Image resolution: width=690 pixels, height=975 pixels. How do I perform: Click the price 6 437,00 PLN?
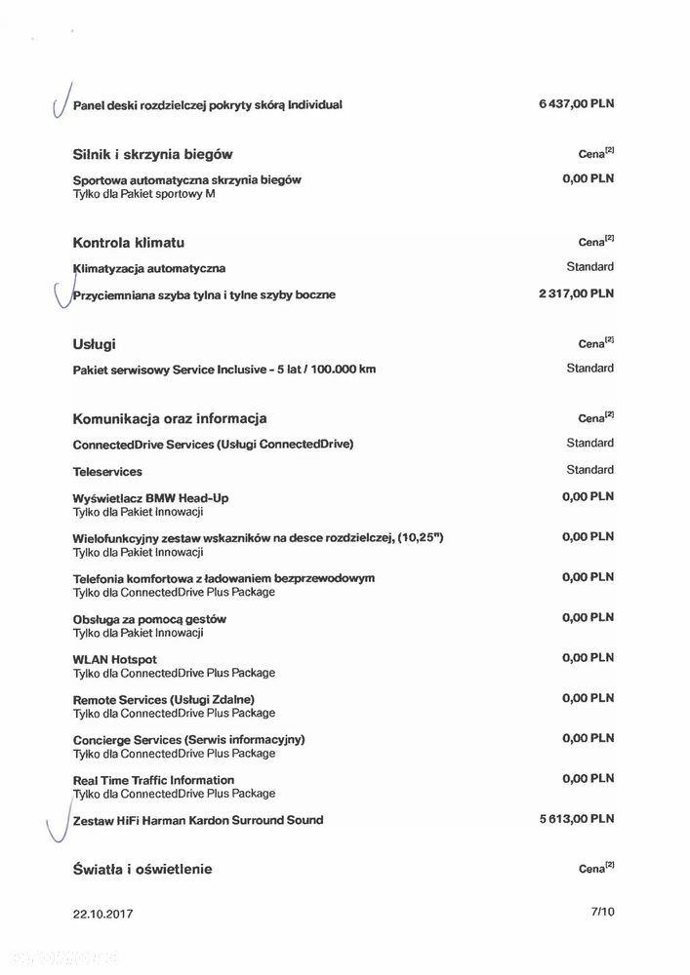point(576,103)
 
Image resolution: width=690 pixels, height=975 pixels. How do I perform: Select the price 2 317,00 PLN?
point(576,292)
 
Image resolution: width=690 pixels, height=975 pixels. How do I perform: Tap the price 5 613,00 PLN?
point(576,819)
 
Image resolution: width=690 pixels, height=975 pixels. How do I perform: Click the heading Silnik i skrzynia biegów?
point(152,154)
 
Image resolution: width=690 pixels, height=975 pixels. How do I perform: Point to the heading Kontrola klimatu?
point(129,242)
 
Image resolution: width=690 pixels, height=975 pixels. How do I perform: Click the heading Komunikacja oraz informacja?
point(170,418)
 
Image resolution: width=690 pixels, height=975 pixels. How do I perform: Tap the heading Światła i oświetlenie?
point(142,869)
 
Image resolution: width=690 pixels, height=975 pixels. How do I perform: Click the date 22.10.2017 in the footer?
point(102,914)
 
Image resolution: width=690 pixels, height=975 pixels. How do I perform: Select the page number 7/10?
point(603,913)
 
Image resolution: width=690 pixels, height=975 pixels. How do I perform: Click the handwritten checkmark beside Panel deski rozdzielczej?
point(61,100)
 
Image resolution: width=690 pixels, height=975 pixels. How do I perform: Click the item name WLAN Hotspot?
point(114,659)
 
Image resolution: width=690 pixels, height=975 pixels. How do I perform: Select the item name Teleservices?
point(107,472)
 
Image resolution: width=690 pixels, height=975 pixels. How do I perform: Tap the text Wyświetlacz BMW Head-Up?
point(150,498)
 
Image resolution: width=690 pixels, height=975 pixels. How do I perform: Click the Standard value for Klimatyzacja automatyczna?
point(589,266)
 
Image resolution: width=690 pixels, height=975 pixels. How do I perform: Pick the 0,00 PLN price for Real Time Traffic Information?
point(588,779)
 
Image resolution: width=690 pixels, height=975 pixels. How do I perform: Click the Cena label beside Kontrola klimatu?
point(594,242)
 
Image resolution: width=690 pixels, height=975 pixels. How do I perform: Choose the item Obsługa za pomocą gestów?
point(149,619)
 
